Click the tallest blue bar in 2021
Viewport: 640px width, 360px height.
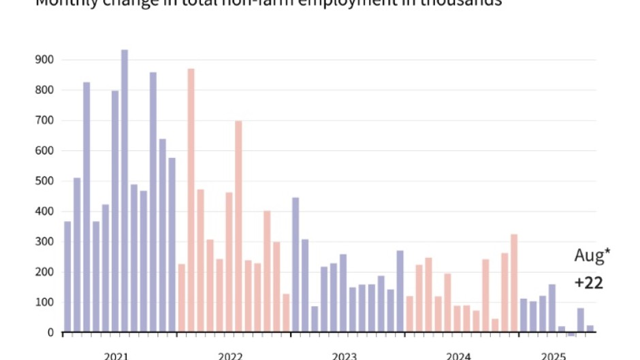click(125, 191)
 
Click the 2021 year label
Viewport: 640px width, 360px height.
click(116, 355)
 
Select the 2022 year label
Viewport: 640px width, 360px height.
click(231, 355)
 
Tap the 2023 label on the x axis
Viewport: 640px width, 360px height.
click(345, 355)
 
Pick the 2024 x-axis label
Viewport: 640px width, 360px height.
click(459, 355)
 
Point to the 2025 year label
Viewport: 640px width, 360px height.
click(554, 355)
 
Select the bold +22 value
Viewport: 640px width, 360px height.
click(588, 282)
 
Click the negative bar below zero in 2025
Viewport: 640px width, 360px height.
click(571, 334)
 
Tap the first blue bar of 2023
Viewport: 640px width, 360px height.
click(295, 265)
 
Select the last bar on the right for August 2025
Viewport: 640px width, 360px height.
click(590, 329)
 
